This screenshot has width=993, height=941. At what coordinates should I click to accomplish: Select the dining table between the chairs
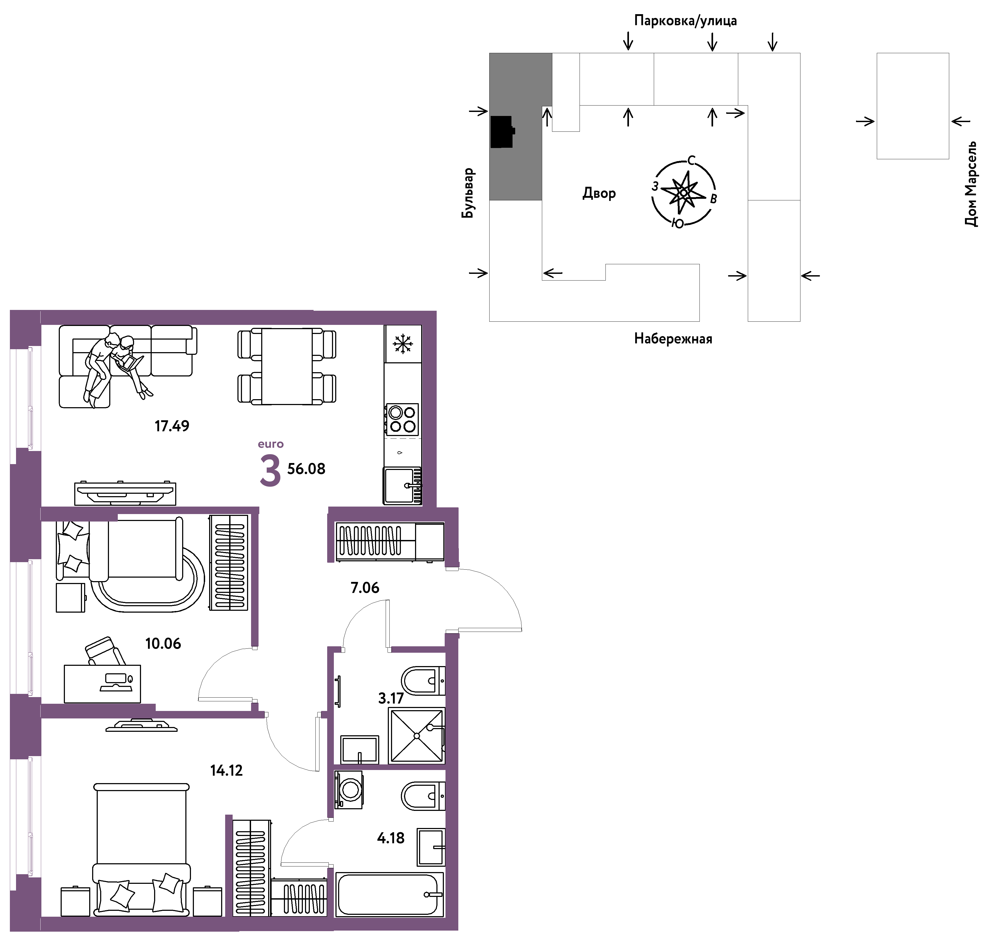[287, 366]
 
